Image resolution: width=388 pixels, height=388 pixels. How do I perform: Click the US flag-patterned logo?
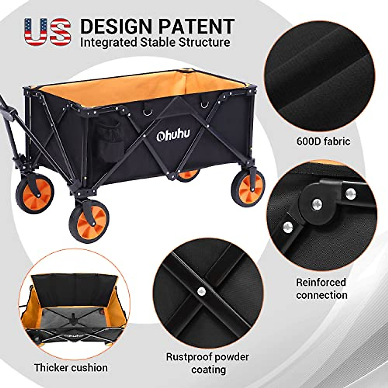click(x=48, y=31)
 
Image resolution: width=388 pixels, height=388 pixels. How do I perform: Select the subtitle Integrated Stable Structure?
click(x=155, y=42)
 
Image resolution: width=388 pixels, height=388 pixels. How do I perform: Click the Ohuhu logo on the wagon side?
click(x=173, y=136)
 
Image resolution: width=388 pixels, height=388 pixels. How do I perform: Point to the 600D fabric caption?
click(x=323, y=141)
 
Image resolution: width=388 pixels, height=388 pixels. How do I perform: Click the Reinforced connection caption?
click(x=321, y=288)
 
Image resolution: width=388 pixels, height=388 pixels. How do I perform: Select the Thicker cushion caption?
click(x=71, y=368)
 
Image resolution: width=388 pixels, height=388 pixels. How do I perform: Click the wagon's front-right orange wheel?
click(x=248, y=188)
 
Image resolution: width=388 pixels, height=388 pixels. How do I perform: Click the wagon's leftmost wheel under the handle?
click(x=35, y=193)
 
